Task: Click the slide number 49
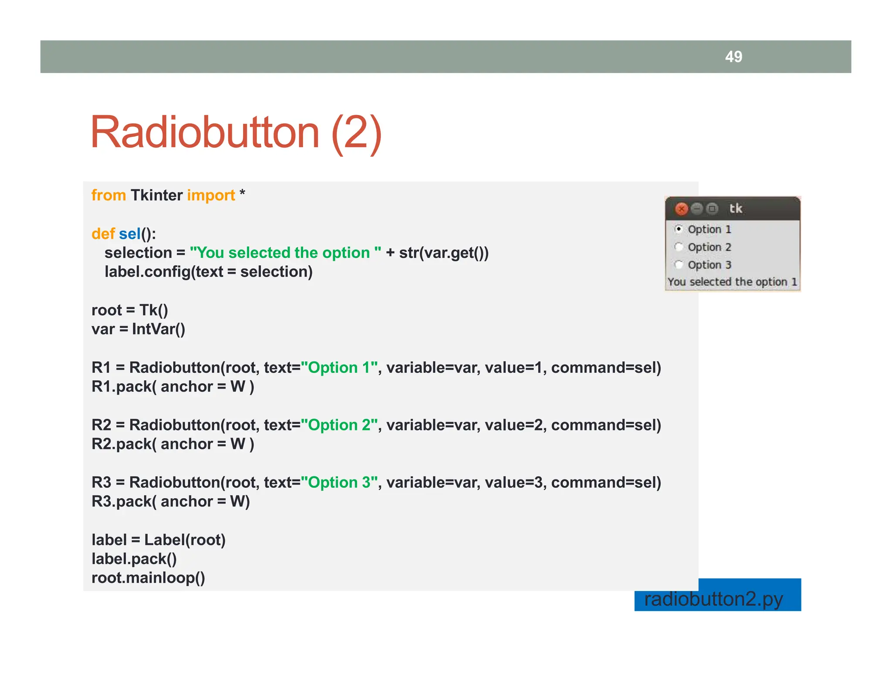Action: [x=733, y=57]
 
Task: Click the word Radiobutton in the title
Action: [x=205, y=132]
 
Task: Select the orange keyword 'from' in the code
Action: [x=108, y=195]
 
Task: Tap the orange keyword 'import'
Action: [x=211, y=195]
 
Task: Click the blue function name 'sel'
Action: [x=130, y=234]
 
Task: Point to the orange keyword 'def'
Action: [x=103, y=234]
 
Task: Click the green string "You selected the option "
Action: [x=285, y=253]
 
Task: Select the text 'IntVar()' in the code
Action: [x=159, y=329]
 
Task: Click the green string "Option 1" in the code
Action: [x=339, y=368]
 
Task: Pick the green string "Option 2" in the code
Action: [x=339, y=425]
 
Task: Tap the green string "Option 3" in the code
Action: [x=339, y=483]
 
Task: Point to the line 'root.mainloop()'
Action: [x=148, y=578]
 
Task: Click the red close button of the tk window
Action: [x=681, y=209]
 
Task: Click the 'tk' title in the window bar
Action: [x=736, y=209]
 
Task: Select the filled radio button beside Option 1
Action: [x=679, y=229]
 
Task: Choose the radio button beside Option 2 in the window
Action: [x=679, y=247]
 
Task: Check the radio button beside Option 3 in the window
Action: [x=679, y=265]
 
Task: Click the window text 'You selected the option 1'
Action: [x=733, y=282]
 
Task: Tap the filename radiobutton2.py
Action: [x=713, y=599]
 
